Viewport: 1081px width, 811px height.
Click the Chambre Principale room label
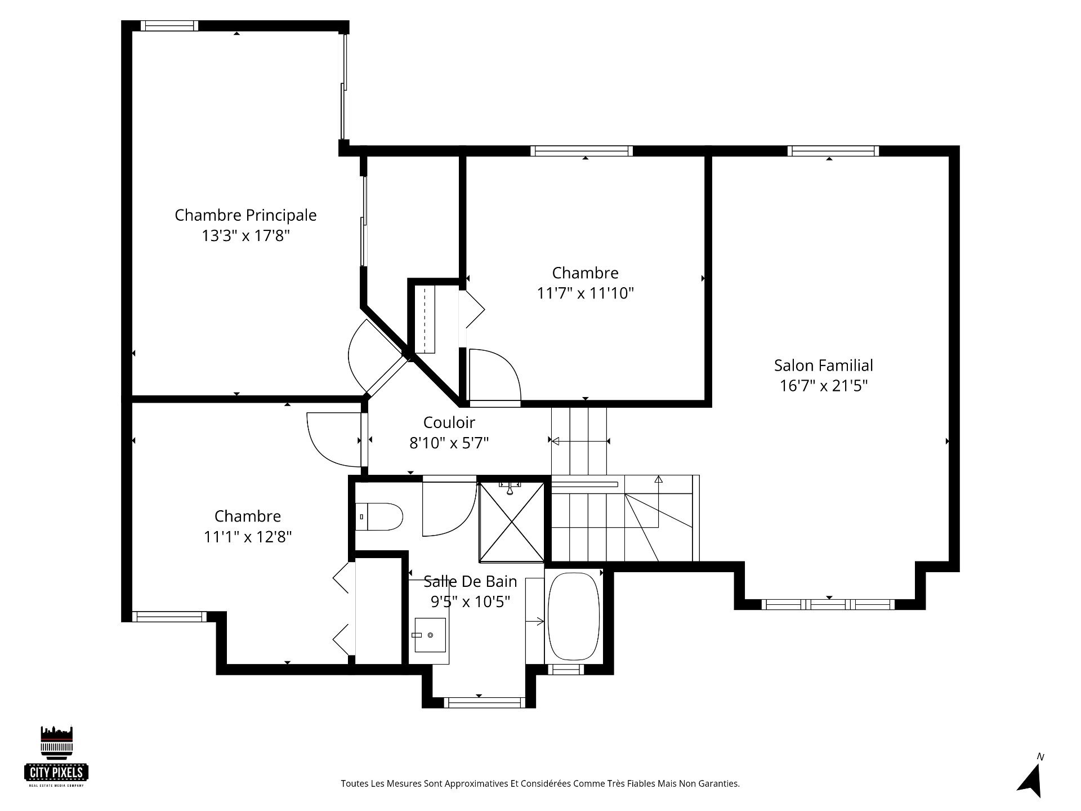(x=245, y=215)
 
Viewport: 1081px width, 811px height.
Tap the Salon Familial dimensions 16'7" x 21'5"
(x=823, y=386)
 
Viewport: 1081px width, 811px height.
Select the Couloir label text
(x=449, y=422)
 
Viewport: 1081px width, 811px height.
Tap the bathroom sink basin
(x=430, y=635)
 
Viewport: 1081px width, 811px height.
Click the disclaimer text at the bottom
(x=540, y=783)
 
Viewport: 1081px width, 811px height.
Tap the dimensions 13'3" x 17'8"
(x=245, y=235)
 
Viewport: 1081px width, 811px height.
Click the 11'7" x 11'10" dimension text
(x=586, y=293)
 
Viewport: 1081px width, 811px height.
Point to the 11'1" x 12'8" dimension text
(x=248, y=537)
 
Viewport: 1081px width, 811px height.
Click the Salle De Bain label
(x=470, y=581)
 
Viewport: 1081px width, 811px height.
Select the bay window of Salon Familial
(x=828, y=604)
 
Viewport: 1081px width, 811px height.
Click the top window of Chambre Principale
(x=169, y=25)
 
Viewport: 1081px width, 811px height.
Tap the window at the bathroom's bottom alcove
(x=484, y=702)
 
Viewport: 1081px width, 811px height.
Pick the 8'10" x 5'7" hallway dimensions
(x=449, y=443)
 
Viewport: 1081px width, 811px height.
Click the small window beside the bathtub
(x=565, y=669)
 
